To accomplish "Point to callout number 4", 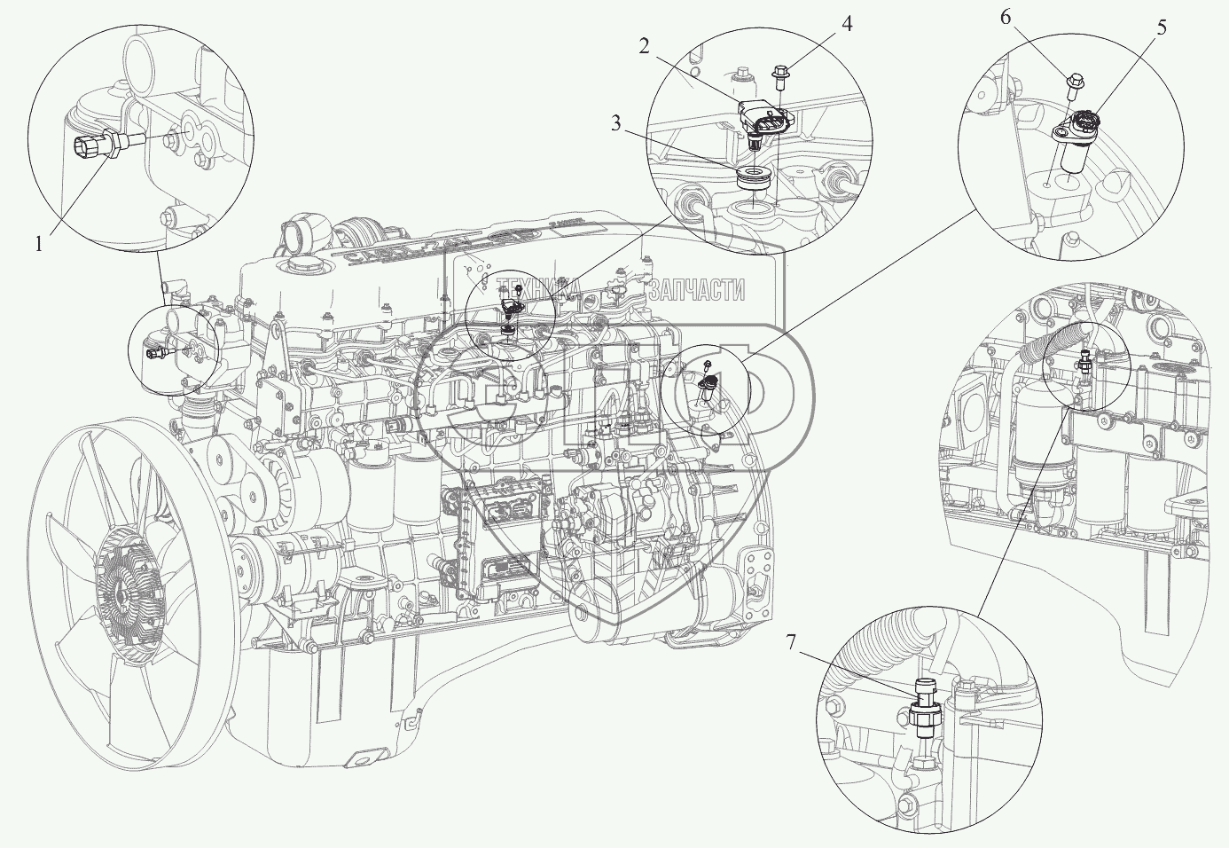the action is [x=848, y=24].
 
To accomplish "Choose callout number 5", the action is [x=1161, y=27].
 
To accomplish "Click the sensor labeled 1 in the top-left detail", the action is [x=102, y=142].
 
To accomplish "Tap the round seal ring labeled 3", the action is [x=754, y=177].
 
